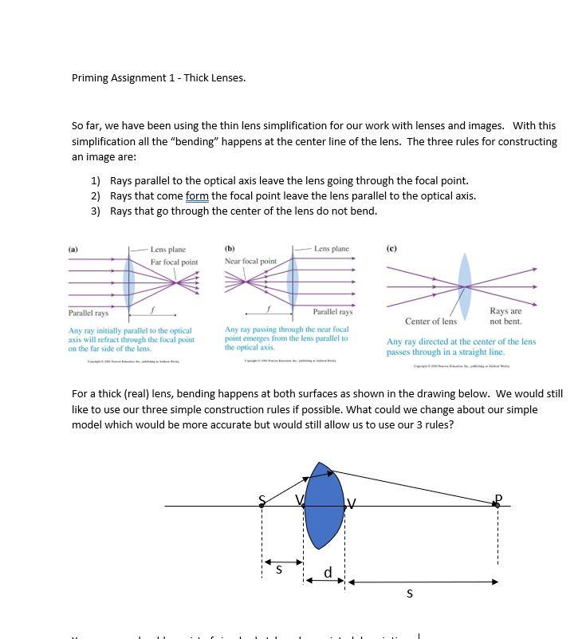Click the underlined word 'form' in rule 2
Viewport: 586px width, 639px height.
(198, 196)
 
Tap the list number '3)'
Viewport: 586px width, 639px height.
(96, 211)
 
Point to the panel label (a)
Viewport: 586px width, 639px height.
(73, 249)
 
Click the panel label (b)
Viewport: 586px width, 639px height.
(230, 248)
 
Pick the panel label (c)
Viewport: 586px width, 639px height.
(391, 248)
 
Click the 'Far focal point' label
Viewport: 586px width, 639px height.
(174, 262)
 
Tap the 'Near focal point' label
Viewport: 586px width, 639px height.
(250, 261)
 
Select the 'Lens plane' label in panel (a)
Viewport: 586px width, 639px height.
(167, 250)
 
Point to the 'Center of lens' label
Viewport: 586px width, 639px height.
(431, 321)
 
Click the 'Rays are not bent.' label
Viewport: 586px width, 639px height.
(505, 316)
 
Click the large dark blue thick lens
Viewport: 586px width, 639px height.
(324, 506)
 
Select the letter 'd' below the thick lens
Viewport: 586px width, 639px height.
(327, 573)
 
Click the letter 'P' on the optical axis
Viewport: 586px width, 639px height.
(498, 499)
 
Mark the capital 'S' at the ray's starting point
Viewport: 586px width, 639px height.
(262, 500)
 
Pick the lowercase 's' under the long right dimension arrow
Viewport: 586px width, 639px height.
(410, 594)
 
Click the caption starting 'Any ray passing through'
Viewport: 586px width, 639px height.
(286, 338)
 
